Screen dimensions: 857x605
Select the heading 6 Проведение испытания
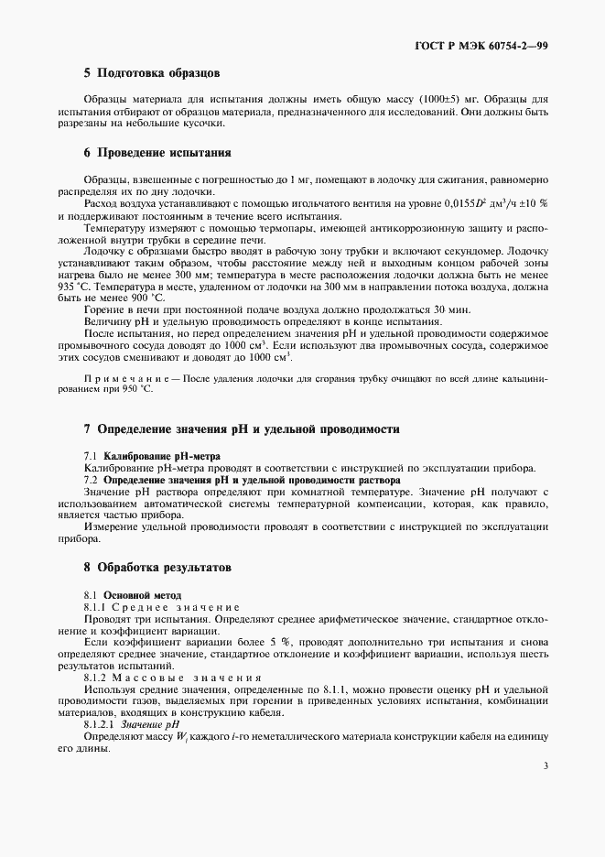(157, 153)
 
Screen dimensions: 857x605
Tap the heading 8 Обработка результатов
(157, 568)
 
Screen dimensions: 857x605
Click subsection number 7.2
(91, 479)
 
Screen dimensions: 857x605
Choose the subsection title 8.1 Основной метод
(133, 594)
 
